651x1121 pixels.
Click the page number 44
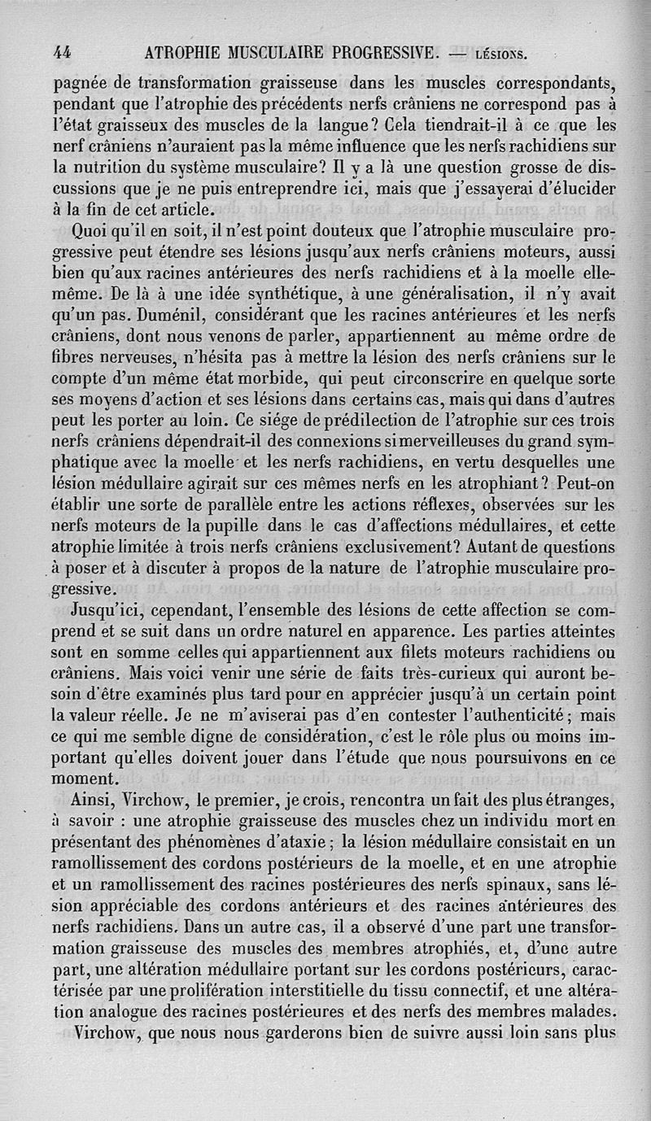click(x=62, y=54)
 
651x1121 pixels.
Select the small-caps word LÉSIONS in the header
click(x=500, y=55)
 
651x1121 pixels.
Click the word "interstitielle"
click(x=296, y=991)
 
